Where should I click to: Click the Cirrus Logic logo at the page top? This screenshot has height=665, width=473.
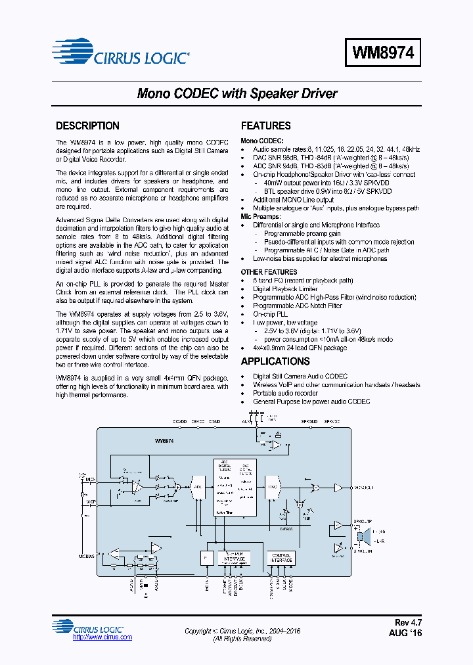tap(122, 53)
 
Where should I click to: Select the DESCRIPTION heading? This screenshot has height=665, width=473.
tap(87, 126)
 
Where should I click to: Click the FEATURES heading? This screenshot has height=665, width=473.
tap(265, 126)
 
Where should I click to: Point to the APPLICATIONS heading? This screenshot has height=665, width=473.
tap(275, 361)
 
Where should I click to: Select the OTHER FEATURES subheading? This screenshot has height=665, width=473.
tap(269, 272)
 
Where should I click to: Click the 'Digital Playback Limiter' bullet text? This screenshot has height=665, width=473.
tap(285, 289)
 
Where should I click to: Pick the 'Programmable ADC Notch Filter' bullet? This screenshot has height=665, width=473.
tap(298, 306)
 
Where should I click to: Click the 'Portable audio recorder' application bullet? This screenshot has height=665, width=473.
tap(286, 393)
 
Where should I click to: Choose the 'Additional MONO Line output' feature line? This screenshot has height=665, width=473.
tap(294, 200)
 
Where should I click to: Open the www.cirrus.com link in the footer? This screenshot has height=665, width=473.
tap(102, 637)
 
